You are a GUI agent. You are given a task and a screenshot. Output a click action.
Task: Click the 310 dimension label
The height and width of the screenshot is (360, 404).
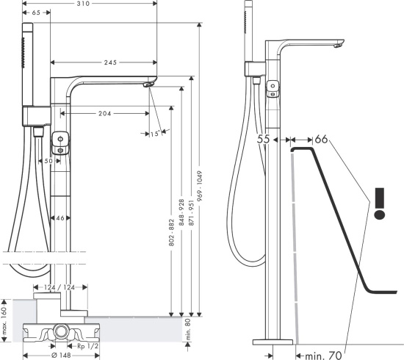point(83,4)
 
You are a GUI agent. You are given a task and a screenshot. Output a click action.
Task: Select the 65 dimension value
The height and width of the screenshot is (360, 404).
point(36,12)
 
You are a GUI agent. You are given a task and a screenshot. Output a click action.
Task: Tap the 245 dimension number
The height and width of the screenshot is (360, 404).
point(110,62)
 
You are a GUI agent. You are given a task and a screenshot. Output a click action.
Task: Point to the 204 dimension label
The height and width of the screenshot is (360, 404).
point(104,113)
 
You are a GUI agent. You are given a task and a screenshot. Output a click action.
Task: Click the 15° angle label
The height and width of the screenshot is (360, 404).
point(156,134)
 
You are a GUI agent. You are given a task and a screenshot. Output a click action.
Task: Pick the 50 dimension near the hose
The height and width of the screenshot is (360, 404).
point(48,161)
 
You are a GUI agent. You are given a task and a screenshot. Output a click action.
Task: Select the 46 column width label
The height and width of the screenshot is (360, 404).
point(60,218)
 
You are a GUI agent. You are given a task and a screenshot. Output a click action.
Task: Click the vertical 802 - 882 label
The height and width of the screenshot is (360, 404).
point(172,232)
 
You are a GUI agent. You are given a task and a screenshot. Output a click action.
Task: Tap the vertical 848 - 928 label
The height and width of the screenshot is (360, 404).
point(181,212)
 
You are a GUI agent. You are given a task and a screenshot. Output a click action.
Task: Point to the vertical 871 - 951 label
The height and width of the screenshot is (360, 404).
point(191,213)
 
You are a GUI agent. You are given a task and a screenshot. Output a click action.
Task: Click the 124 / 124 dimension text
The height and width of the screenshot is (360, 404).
point(59,287)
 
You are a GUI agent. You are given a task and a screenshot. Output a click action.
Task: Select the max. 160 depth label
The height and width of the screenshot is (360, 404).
point(4,320)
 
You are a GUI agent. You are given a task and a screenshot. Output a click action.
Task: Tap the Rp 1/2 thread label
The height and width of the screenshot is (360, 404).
point(88,346)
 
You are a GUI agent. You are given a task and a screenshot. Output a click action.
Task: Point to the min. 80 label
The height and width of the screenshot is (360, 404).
point(188,329)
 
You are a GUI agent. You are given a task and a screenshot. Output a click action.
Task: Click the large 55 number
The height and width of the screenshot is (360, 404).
point(263,140)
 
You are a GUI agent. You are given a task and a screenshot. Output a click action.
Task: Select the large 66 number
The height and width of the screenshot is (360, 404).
point(321,140)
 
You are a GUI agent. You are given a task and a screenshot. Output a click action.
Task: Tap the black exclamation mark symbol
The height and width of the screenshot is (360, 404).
point(380,204)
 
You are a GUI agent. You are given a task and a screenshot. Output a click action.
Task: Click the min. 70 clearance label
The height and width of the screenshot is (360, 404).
point(323,356)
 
